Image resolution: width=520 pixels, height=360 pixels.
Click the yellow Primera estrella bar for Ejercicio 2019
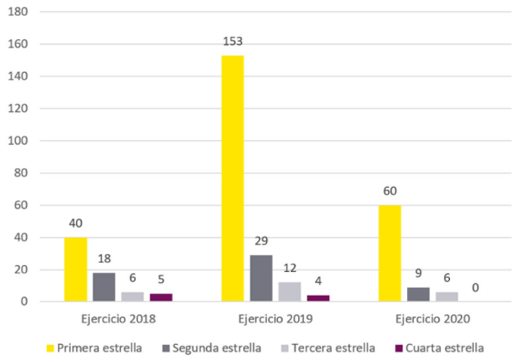click(x=232, y=178)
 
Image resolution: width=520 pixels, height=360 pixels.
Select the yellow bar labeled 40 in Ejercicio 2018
click(x=75, y=269)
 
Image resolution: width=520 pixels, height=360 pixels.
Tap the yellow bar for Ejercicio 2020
click(x=389, y=253)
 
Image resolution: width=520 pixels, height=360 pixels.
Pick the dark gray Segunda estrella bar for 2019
click(x=261, y=278)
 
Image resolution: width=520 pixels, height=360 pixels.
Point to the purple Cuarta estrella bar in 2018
click(x=161, y=297)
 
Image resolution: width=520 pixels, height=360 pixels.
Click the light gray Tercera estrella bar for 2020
click(x=446, y=296)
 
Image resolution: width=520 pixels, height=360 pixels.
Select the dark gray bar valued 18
click(x=103, y=286)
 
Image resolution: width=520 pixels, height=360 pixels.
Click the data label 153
click(x=232, y=42)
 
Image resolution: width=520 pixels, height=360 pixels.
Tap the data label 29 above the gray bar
click(x=261, y=241)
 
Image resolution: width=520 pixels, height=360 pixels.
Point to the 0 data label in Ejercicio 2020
click(x=474, y=288)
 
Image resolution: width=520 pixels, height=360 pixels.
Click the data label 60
click(x=389, y=192)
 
